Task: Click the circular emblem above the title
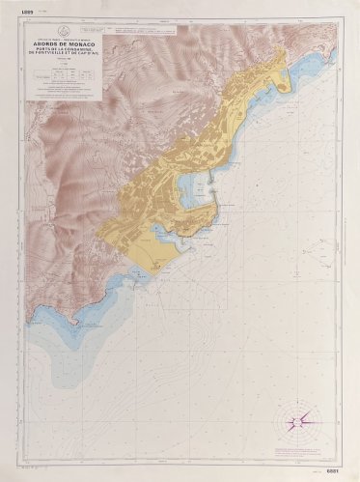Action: [x=63, y=31]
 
